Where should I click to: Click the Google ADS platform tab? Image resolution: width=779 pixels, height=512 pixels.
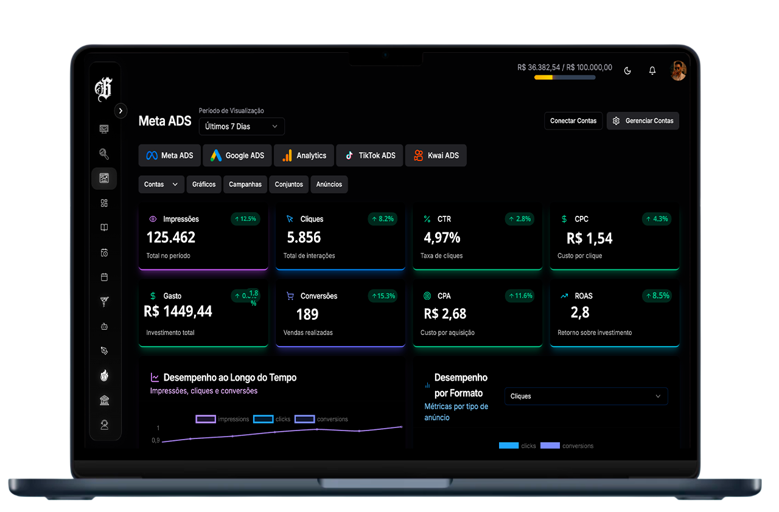point(237,156)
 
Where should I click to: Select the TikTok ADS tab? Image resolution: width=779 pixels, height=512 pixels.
point(369,156)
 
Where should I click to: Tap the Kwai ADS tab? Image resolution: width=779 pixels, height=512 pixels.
point(436,156)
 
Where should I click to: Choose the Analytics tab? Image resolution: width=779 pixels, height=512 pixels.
point(304,156)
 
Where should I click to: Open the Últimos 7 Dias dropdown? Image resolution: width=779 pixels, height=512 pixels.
point(242,126)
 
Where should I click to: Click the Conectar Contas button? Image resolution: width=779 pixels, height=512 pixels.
point(573,121)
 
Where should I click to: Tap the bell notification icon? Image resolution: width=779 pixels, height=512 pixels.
point(652,71)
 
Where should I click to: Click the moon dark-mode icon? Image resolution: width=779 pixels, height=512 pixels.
point(627,71)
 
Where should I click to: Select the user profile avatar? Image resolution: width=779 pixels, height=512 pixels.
point(678,71)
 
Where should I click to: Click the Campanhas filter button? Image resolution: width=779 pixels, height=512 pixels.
point(245,184)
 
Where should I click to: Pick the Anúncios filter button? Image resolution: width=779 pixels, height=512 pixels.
point(329,184)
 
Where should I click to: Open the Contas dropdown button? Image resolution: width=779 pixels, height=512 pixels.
point(161,184)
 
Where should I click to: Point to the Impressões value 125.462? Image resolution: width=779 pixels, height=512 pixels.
point(171,237)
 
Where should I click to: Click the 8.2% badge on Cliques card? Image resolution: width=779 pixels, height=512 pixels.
point(383,219)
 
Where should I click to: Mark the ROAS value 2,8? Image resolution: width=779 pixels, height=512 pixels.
point(580,313)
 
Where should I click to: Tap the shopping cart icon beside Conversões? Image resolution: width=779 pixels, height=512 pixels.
point(290,296)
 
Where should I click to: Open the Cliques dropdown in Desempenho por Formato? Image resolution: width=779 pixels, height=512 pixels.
point(586,396)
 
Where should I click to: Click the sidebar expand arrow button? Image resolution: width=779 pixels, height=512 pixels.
point(121,111)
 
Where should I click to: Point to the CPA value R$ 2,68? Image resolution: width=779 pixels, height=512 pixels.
point(445,314)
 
